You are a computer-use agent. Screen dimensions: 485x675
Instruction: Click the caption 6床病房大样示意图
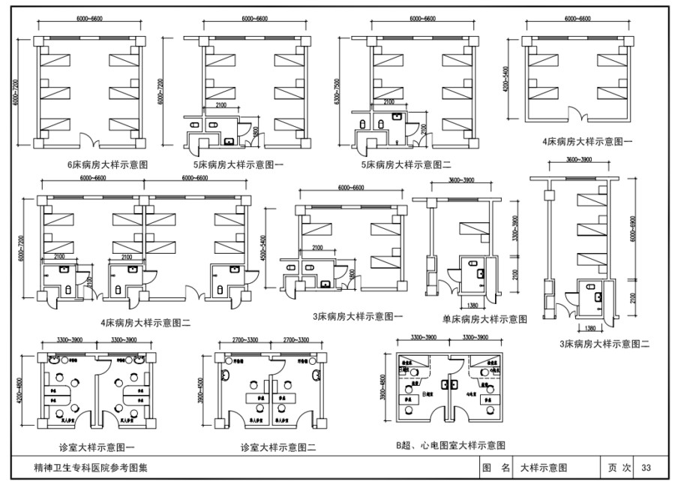click(107, 164)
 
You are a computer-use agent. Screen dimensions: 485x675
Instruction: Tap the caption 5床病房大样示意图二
click(411, 164)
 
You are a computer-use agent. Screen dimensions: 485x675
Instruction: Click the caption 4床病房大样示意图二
click(145, 323)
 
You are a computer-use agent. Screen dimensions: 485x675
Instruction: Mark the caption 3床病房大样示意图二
click(604, 344)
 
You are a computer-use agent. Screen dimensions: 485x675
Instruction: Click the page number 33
click(645, 468)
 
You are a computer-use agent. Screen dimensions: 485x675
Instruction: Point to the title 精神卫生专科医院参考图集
click(91, 468)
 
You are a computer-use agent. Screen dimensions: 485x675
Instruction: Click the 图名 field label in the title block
click(496, 468)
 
